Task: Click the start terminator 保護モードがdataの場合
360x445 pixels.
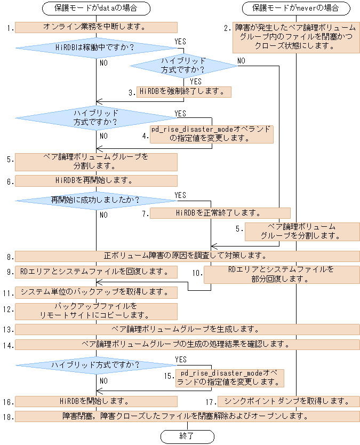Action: [96, 9]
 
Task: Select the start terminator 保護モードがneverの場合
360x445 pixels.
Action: [296, 9]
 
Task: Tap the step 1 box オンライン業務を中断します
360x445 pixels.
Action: [96, 27]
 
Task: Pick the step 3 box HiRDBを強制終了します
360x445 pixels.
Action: [184, 92]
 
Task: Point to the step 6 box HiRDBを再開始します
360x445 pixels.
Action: [96, 181]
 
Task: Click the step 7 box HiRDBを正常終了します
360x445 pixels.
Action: [220, 213]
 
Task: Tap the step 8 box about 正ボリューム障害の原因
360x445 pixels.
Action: [187, 256]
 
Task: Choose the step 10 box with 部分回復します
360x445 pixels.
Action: [282, 274]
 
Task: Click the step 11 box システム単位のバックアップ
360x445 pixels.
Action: [96, 292]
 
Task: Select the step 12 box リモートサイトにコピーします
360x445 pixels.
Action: [96, 311]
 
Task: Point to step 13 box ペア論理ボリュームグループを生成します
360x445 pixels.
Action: [187, 329]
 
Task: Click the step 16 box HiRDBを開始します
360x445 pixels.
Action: [96, 401]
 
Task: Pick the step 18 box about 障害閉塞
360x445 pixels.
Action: [187, 416]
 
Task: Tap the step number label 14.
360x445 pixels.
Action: [7, 345]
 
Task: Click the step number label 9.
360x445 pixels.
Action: [8, 272]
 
